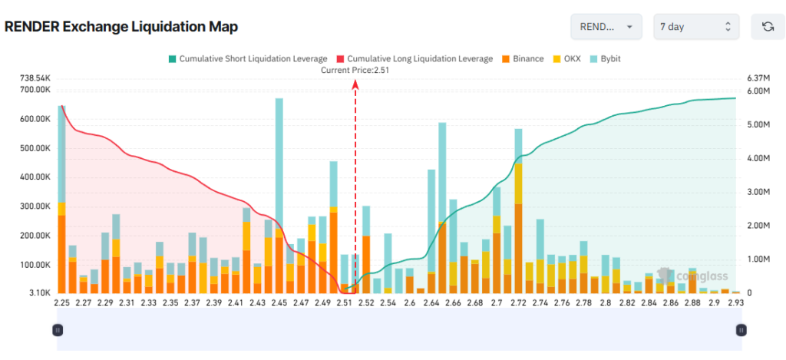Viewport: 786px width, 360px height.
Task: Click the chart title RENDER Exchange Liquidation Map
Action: pyautogui.click(x=121, y=27)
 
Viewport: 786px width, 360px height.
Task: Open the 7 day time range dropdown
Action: pyautogui.click(x=696, y=27)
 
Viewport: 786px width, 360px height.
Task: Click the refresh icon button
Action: pyautogui.click(x=768, y=27)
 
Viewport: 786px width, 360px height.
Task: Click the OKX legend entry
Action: pyautogui.click(x=566, y=58)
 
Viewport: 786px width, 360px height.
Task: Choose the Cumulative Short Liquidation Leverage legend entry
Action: pyautogui.click(x=248, y=58)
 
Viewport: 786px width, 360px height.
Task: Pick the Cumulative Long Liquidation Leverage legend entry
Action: pyautogui.click(x=415, y=58)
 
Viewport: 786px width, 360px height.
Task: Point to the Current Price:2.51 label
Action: pyautogui.click(x=355, y=71)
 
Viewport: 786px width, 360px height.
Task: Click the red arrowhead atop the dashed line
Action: pyautogui.click(x=355, y=86)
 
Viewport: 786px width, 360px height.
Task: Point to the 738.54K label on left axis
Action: pyautogui.click(x=35, y=78)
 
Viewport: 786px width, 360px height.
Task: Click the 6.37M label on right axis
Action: pyautogui.click(x=758, y=78)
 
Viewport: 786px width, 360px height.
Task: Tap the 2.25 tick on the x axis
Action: pyautogui.click(x=61, y=302)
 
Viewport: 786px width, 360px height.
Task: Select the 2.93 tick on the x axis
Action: pyautogui.click(x=736, y=302)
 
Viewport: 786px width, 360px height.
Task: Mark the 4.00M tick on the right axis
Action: pyautogui.click(x=758, y=158)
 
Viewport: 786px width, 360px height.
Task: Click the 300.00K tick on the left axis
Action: pyautogui.click(x=35, y=206)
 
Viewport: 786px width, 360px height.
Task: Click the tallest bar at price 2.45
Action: pyautogui.click(x=279, y=196)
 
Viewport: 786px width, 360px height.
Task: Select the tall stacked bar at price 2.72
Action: pyautogui.click(x=518, y=211)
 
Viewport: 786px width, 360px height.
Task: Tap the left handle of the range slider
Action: pyautogui.click(x=58, y=330)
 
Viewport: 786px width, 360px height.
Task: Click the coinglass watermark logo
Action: pyautogui.click(x=693, y=276)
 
